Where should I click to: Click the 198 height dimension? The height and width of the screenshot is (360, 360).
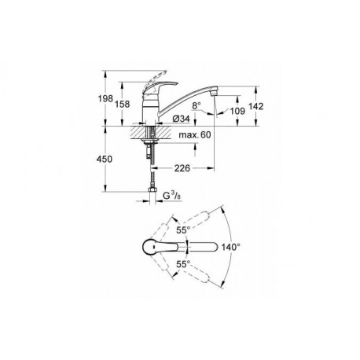[105, 99]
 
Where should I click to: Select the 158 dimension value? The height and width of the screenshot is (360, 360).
[123, 104]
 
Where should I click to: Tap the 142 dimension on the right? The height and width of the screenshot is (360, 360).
[255, 106]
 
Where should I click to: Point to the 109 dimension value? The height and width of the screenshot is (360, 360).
[237, 111]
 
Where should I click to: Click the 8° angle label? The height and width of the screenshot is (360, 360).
[197, 105]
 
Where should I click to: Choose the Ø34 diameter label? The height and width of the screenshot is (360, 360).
[181, 119]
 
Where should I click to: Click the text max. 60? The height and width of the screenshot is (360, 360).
[195, 135]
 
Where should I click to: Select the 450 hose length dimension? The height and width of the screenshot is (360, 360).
[105, 159]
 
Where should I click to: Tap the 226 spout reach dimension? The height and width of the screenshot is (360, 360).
[182, 168]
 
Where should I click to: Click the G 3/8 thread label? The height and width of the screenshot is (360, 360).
[172, 196]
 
